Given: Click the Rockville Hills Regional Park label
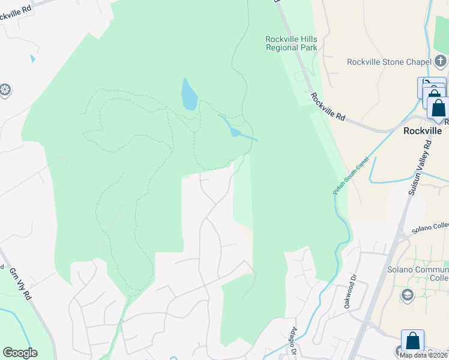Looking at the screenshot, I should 291,43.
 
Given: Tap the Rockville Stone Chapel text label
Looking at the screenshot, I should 389,62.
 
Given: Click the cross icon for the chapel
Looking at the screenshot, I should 441,61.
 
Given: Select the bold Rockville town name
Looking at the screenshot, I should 423,131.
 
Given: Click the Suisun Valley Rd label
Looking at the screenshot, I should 420,167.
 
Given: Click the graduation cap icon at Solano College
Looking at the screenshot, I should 408,295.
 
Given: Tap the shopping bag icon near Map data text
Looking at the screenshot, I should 412,341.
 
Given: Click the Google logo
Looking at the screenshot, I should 20,353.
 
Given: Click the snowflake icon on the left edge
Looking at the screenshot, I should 5,91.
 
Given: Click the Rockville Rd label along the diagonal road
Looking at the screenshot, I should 328,108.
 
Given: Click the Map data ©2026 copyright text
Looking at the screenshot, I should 424,355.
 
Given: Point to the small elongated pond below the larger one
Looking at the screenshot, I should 235,131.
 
